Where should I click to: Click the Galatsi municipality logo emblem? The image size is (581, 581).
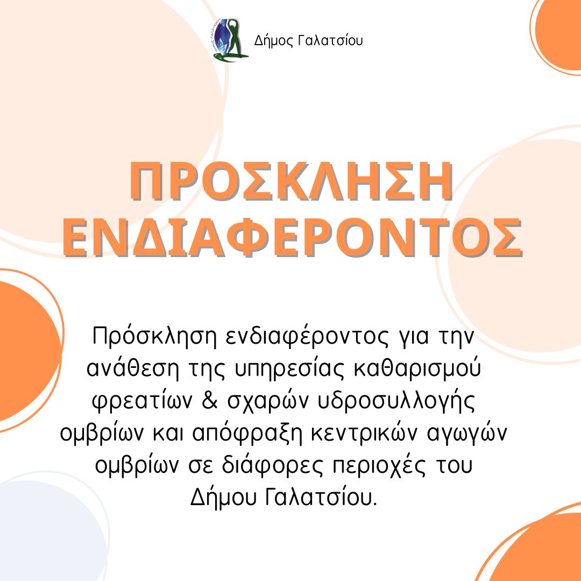click(x=230, y=40)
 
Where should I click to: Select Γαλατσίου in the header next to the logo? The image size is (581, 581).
click(x=330, y=40)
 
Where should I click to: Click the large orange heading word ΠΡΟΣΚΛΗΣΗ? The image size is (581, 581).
click(x=291, y=182)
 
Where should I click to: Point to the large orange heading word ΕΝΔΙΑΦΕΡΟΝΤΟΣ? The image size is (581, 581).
click(x=293, y=237)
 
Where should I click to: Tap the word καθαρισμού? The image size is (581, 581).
click(x=417, y=369)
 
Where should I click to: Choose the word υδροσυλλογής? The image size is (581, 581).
click(x=396, y=402)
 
